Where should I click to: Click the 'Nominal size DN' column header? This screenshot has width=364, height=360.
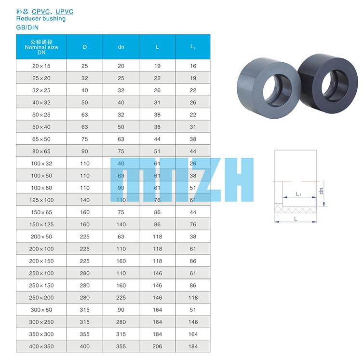click(41, 47)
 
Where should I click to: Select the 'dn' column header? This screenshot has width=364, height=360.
click(121, 47)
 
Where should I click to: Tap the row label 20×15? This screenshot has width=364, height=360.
click(41, 66)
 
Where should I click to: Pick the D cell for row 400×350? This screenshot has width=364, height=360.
click(84, 346)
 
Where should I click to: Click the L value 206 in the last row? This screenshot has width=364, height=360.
click(157, 346)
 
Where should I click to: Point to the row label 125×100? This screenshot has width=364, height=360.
click(41, 200)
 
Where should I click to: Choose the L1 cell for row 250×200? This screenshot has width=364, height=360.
click(193, 297)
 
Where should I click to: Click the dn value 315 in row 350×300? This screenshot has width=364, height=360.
click(121, 334)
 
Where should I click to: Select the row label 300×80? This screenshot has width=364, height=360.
click(41, 310)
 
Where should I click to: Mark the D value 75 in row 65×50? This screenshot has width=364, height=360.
click(84, 139)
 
